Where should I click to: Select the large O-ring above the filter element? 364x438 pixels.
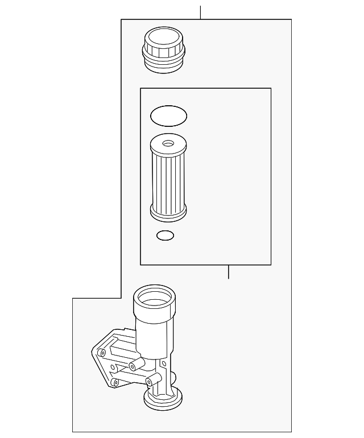pyautogui.click(x=168, y=116)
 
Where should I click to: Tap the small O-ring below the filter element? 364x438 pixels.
pyautogui.click(x=165, y=235)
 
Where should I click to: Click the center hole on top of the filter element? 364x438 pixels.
pyautogui.click(x=168, y=143)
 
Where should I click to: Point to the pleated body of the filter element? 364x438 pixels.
pyautogui.click(x=168, y=179)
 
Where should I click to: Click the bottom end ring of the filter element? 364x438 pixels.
pyautogui.click(x=168, y=213)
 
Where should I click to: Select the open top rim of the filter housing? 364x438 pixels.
pyautogui.click(x=154, y=296)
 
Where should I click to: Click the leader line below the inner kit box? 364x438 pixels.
pyautogui.click(x=228, y=272)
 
